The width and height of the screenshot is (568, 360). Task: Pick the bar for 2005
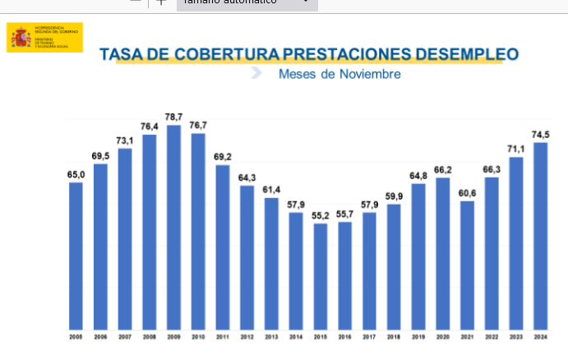pyautogui.click(x=76, y=255)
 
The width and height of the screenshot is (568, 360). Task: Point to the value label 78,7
pyautogui.click(x=173, y=118)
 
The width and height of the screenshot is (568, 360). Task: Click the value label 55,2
pyautogui.click(x=321, y=215)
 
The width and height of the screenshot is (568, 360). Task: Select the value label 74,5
pyautogui.click(x=541, y=135)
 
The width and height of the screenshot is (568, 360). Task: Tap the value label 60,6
pyautogui.click(x=467, y=193)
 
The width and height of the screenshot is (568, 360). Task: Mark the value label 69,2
pyautogui.click(x=223, y=157)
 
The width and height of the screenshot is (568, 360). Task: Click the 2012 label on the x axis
pyautogui.click(x=247, y=336)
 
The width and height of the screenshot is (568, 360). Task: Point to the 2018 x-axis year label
pyautogui.click(x=394, y=336)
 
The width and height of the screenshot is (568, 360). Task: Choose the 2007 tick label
pyautogui.click(x=124, y=336)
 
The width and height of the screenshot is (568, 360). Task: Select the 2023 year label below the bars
pyautogui.click(x=516, y=336)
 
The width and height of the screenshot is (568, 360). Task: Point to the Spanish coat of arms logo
pyautogui.click(x=21, y=37)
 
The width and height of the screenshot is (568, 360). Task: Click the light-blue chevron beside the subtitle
pyautogui.click(x=256, y=72)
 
